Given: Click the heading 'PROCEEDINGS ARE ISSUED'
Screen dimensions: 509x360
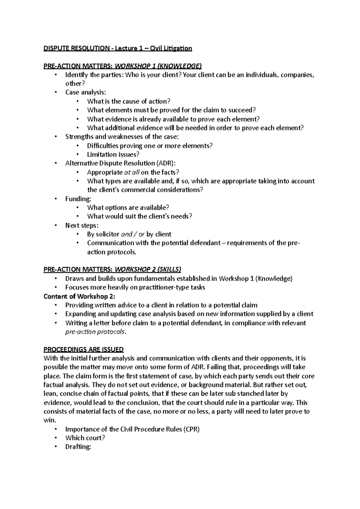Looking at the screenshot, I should [x=83, y=350].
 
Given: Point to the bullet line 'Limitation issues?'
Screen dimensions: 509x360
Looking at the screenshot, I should [x=113, y=155].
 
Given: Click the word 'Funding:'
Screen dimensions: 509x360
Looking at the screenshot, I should [x=78, y=199].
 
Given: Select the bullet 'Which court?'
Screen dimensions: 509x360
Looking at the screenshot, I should [x=85, y=438].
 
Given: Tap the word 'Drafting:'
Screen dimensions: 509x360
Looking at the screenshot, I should [x=78, y=447].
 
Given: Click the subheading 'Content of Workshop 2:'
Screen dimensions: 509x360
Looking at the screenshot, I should [x=79, y=296].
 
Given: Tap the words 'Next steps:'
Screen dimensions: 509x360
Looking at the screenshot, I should [x=82, y=225].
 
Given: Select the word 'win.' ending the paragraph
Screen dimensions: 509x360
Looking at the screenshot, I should [x=50, y=420].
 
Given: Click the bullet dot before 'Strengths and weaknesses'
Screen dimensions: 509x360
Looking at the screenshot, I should [x=55, y=137].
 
